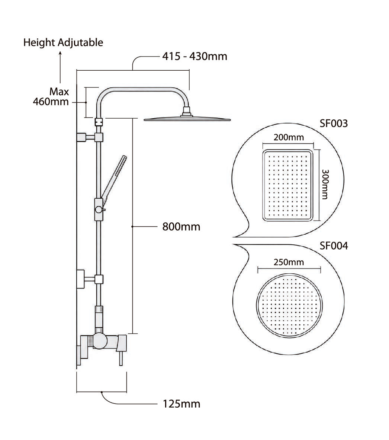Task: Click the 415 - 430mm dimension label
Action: pos(195,57)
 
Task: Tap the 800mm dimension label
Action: pos(181,227)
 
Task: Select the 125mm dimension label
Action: pos(181,404)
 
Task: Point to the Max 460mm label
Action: pos(51,97)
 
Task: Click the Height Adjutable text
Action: pos(63,43)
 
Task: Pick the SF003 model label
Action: pos(334,123)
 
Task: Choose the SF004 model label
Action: pos(334,246)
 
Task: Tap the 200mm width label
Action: pos(289,137)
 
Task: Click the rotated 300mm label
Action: pos(325,184)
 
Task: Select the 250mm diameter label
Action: pos(289,262)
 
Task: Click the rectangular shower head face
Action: pos(288,185)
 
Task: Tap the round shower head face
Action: pos(289,306)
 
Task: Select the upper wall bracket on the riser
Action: pos(90,137)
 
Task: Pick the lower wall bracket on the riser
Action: pos(90,279)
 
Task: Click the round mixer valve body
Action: pos(100,341)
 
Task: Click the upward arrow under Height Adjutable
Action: pos(60,67)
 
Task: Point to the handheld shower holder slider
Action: pos(99,209)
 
